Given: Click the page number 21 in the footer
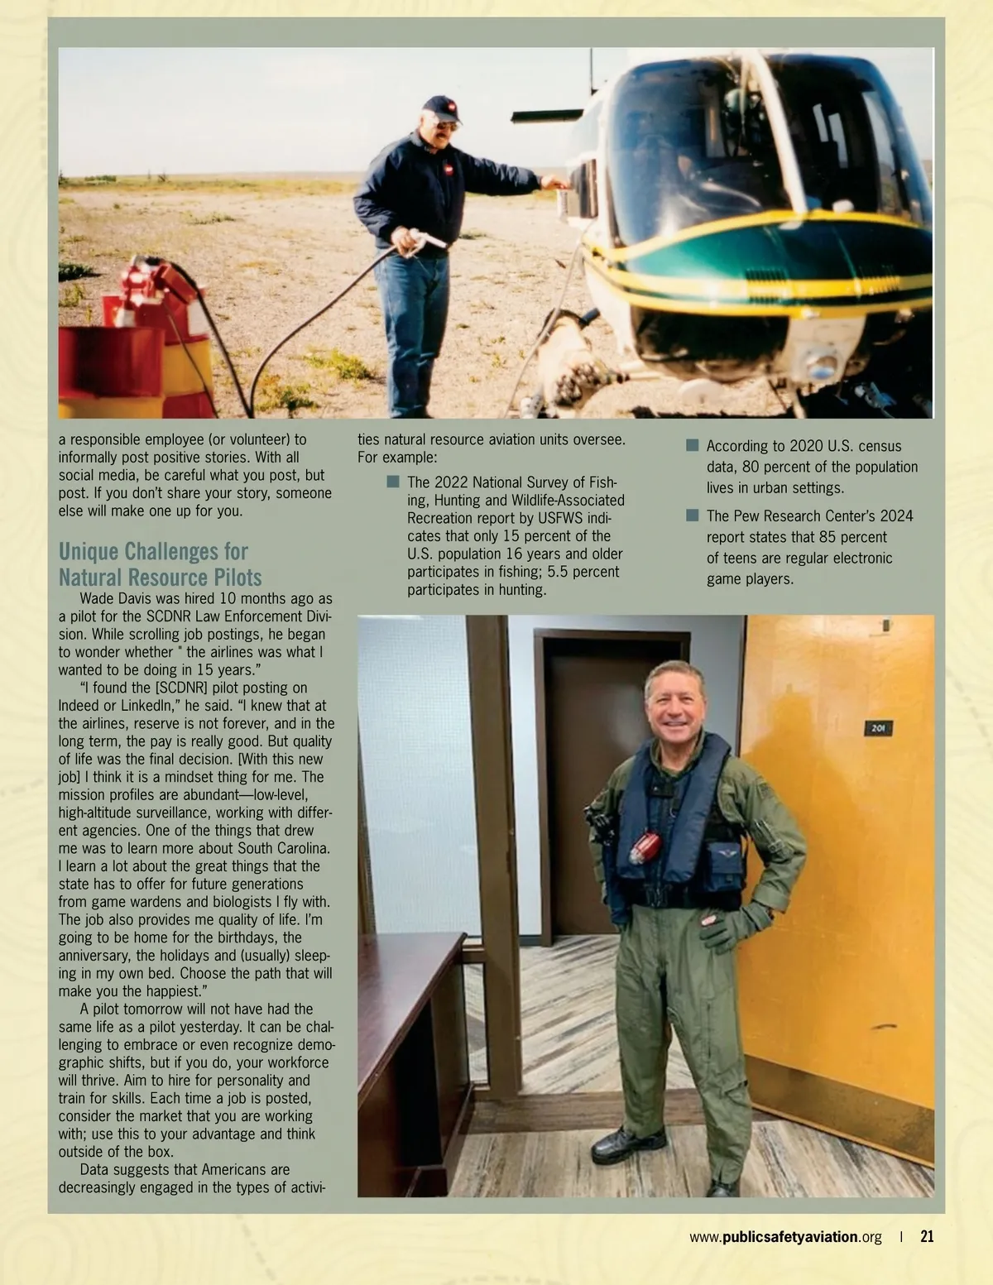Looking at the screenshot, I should click(x=927, y=1236).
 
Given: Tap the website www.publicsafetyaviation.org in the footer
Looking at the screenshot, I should click(x=785, y=1237).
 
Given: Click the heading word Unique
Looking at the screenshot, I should click(x=92, y=552).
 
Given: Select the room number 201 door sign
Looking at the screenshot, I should click(x=878, y=728).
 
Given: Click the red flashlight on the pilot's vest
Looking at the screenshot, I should click(x=645, y=847).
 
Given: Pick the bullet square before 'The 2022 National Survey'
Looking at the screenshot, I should click(x=393, y=482).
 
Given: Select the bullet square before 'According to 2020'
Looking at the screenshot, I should click(x=693, y=445).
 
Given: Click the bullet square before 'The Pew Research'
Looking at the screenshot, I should click(x=693, y=515).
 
